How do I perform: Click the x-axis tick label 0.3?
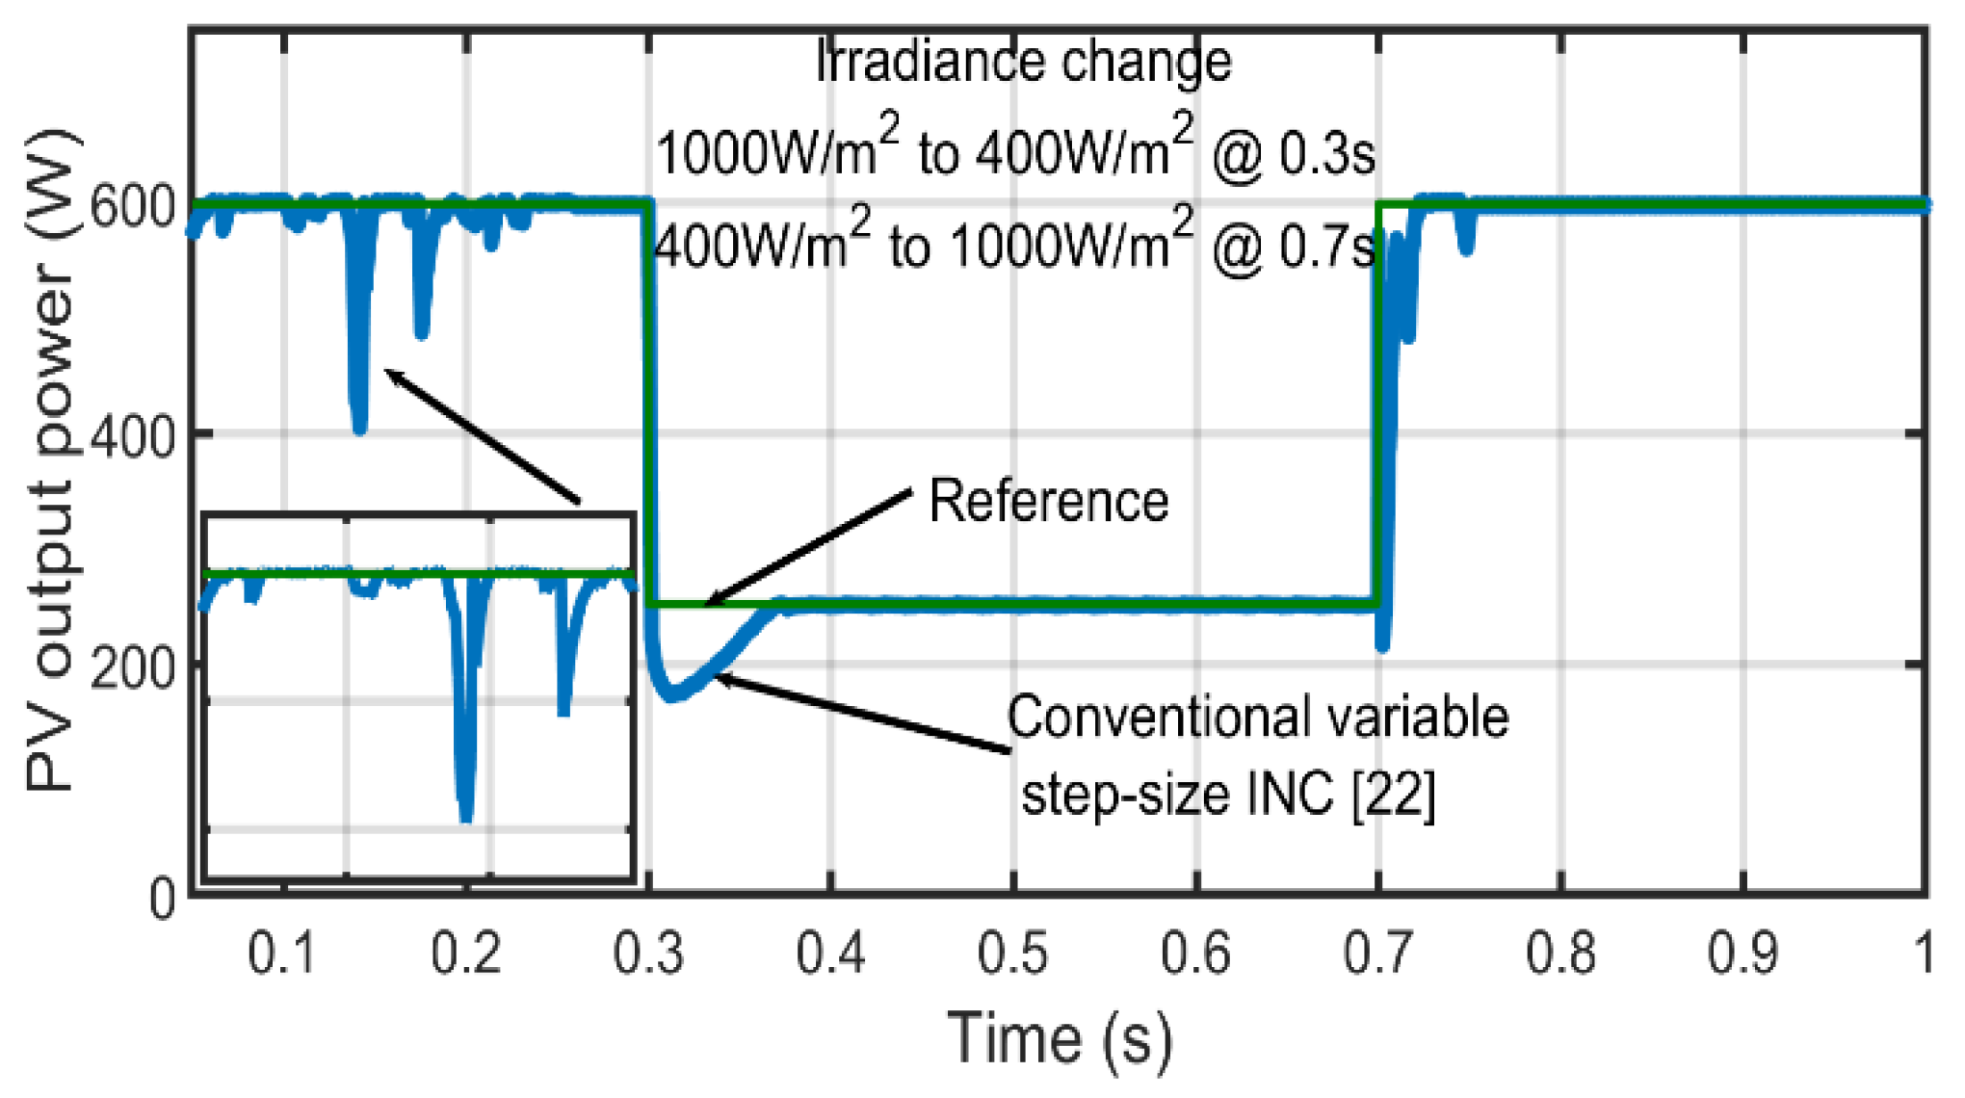pyautogui.click(x=648, y=954)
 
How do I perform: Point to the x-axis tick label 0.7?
pyautogui.click(x=1377, y=954)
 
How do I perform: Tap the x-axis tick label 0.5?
pyautogui.click(x=1012, y=954)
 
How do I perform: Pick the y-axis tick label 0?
pyautogui.click(x=163, y=899)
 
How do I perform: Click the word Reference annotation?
pyautogui.click(x=1048, y=501)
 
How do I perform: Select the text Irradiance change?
pyautogui.click(x=1023, y=62)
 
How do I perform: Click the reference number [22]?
pyautogui.click(x=1393, y=796)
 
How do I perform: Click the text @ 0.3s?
pyautogui.click(x=1293, y=154)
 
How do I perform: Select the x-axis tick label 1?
pyautogui.click(x=1923, y=954)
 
